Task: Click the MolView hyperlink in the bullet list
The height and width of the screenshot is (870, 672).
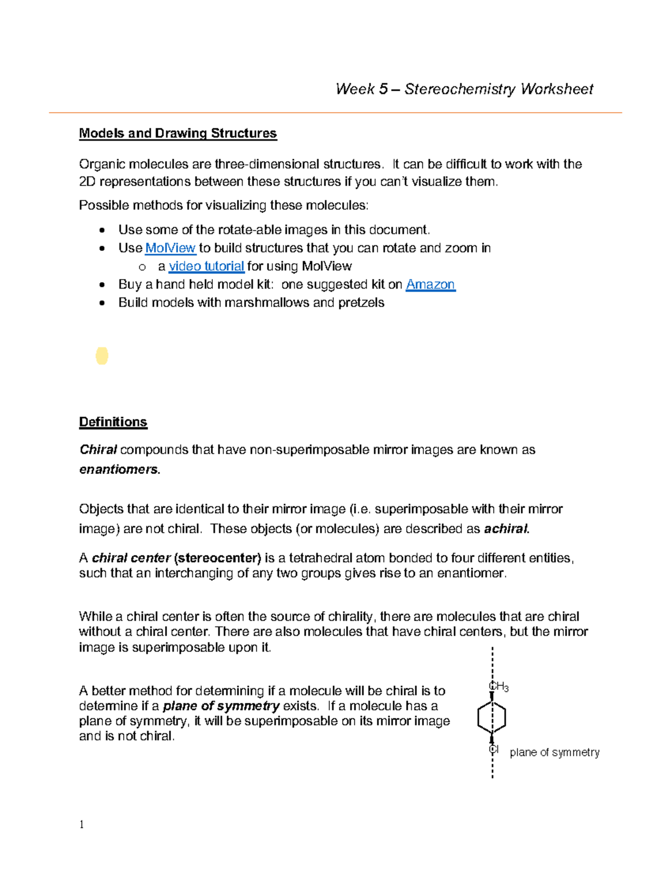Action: pos(170,248)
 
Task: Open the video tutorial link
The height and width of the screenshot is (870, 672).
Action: pos(206,266)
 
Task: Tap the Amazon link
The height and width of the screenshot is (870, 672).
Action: pos(430,285)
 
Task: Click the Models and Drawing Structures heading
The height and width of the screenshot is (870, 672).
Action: pos(178,133)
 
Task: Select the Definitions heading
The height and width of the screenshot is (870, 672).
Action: pos(113,422)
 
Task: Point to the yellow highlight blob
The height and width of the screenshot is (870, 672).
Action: pos(102,356)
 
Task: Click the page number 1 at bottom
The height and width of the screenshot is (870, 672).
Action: pos(82,824)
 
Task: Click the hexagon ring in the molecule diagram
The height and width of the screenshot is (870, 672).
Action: pos(492,718)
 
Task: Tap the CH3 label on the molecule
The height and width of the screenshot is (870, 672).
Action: pos(499,687)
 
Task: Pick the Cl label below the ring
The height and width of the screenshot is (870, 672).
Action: pos(494,749)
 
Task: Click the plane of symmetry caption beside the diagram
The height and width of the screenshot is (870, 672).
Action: pos(554,752)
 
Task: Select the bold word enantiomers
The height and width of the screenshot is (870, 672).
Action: pos(119,469)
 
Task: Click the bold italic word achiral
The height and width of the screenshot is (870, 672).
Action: pos(506,529)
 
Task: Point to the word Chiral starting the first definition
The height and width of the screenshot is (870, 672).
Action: pos(98,450)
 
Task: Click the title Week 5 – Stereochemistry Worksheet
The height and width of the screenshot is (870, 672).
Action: pos(464,89)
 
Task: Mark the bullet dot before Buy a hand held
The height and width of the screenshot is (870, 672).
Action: pos(101,285)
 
